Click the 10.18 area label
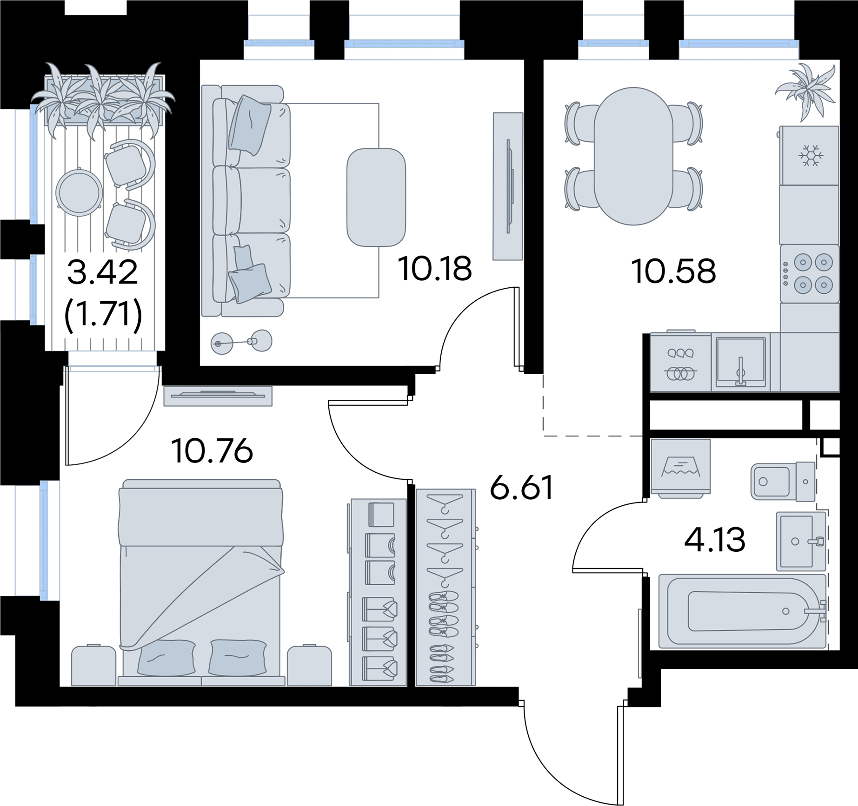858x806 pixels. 435,269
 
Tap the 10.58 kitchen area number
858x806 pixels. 673,271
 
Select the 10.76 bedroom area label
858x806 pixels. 212,451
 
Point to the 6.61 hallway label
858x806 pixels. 521,487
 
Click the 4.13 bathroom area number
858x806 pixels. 715,540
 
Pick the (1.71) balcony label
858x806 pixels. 103,315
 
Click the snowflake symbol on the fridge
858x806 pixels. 811,155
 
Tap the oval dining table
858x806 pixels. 633,156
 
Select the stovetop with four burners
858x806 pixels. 810,274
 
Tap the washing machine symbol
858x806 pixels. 680,468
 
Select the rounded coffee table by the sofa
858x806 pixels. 376,197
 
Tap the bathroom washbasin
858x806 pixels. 801,541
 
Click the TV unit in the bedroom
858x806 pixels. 218,396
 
